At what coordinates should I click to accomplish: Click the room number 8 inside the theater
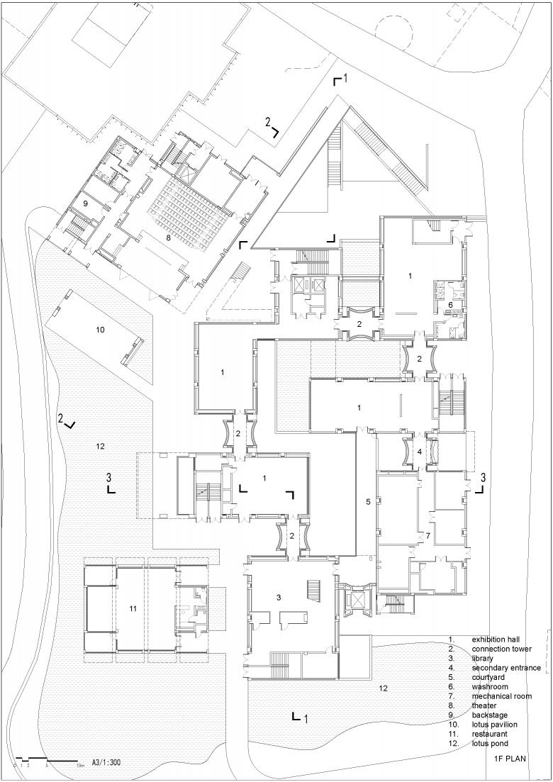(169, 238)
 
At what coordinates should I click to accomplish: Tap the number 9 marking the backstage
(85, 203)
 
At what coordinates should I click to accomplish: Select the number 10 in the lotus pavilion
(100, 330)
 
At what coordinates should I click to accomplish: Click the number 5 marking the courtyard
(368, 502)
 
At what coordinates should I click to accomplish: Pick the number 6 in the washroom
(449, 304)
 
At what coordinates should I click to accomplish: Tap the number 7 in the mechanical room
(428, 536)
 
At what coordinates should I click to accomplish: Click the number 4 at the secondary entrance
(420, 452)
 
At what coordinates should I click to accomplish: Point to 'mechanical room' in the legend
(502, 696)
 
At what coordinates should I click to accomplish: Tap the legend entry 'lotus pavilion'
(495, 725)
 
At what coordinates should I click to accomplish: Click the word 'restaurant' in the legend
(490, 734)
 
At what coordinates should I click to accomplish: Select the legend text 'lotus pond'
(490, 744)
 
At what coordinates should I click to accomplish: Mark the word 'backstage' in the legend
(490, 715)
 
